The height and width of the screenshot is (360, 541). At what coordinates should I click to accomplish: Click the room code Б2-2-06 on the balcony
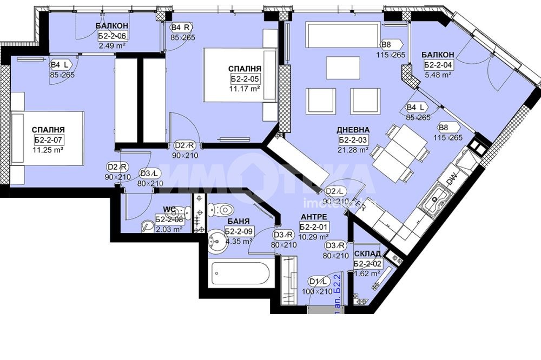pos(112,36)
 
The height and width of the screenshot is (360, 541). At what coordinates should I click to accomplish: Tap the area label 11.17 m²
pos(245,89)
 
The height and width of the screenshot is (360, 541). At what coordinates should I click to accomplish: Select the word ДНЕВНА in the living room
pos(353,130)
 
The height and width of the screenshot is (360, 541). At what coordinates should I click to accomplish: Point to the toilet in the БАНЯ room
pos(220,208)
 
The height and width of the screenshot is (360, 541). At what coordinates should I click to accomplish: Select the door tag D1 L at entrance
pos(319,282)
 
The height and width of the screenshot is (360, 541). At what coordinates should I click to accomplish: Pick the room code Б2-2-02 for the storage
pos(367,264)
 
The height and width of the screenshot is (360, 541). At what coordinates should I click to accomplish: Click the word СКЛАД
pos(367,254)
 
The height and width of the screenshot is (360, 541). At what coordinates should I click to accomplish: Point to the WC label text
pos(169,210)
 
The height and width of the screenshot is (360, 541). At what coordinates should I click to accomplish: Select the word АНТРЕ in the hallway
pos(315,218)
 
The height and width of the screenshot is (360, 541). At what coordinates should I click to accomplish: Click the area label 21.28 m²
pos(354,150)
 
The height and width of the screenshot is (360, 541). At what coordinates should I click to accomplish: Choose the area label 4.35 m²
pos(239,241)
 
